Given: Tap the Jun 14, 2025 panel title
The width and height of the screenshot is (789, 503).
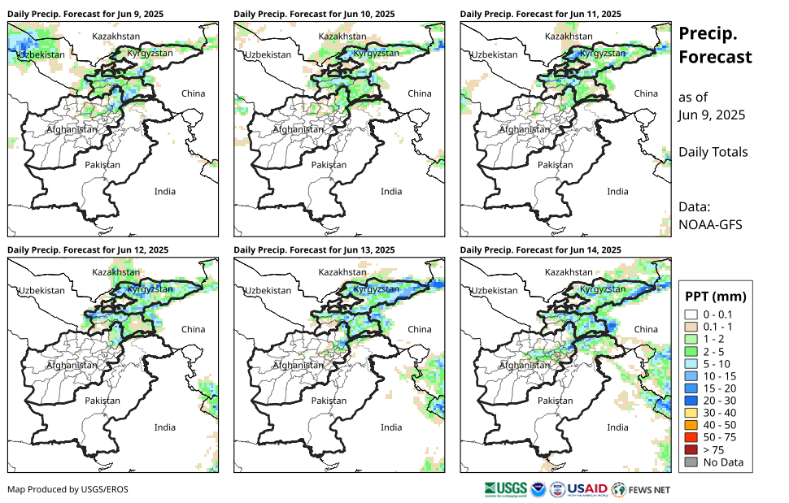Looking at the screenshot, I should point(540,249).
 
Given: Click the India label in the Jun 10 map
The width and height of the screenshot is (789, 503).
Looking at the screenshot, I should point(391,192).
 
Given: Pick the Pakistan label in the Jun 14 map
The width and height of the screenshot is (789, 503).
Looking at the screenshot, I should point(556,401).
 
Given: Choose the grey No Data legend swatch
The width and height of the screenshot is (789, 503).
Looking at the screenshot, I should point(691,462).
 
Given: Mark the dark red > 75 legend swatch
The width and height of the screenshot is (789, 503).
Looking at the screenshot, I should point(691,450).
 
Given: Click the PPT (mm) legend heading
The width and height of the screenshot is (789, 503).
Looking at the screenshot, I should point(715,297).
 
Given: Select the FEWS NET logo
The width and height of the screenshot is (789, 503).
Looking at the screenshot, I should point(643,489).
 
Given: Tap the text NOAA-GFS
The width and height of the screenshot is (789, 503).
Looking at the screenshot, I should point(709,225).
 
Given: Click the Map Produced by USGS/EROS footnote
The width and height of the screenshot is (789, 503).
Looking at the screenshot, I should point(68,489).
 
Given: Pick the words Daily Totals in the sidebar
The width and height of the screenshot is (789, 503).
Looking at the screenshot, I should point(713,152).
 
